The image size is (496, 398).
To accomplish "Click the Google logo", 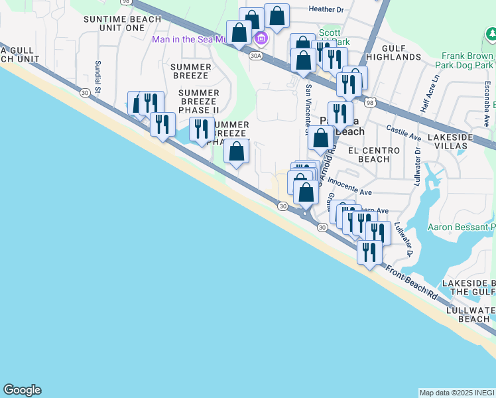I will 22,390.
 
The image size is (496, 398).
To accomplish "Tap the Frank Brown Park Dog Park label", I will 464,61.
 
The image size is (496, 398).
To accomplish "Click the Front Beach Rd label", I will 412,283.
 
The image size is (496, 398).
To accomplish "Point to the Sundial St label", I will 97,76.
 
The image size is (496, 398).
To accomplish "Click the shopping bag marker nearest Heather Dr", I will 277,15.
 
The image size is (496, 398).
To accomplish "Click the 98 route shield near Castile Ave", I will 370,102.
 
